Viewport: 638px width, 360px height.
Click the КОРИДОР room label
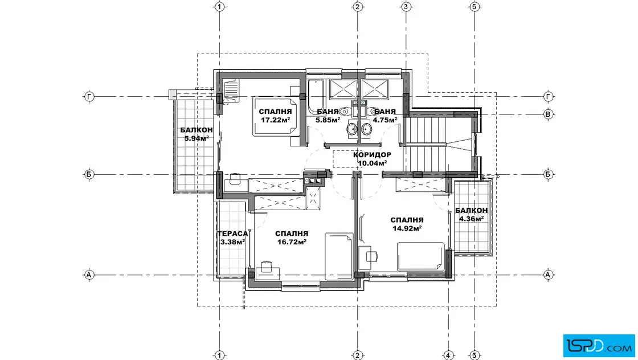coord(372,155)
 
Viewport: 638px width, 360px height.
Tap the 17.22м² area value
coord(276,120)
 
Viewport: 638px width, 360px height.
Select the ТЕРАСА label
coord(232,234)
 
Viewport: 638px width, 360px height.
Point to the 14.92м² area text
coord(407,228)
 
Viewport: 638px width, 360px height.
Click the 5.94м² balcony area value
coord(197,138)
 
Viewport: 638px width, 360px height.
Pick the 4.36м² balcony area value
coord(472,218)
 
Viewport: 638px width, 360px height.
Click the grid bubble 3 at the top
coord(406,6)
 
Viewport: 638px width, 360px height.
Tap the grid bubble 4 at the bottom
coord(448,355)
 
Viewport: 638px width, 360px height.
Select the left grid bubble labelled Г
coord(89,97)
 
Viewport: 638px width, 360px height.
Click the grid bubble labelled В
coord(548,114)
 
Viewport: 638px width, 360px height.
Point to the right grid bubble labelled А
coord(548,275)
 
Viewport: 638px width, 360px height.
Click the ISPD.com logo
coord(599,346)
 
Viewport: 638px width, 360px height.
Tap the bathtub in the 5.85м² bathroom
coord(316,97)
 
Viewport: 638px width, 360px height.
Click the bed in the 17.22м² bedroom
coord(276,116)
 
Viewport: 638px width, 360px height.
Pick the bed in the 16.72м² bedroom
coord(338,256)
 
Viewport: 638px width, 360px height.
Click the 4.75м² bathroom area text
coord(385,120)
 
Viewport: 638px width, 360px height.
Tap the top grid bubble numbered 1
coord(220,6)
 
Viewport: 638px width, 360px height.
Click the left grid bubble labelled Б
coord(89,174)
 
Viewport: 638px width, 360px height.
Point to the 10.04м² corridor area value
coord(372,163)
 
